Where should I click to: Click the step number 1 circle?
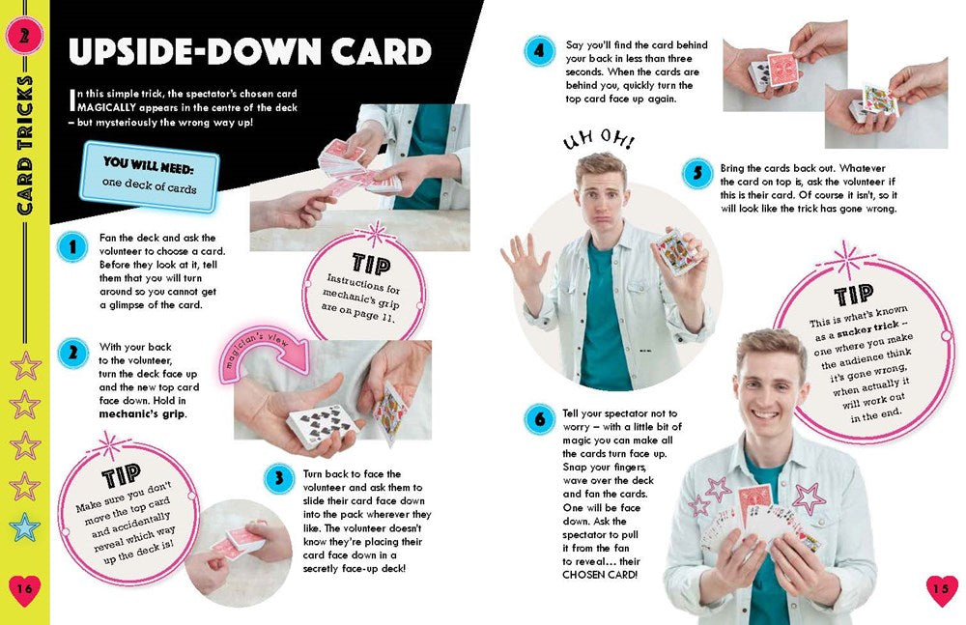pos(71,247)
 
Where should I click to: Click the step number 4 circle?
pos(539,50)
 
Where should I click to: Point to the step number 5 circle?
pos(697,175)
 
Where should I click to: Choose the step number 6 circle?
pos(539,419)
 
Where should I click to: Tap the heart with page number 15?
pos(941,589)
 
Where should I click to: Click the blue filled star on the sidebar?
pos(24,526)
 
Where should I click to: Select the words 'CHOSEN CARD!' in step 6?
pos(600,575)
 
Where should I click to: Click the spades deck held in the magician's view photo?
pos(325,425)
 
